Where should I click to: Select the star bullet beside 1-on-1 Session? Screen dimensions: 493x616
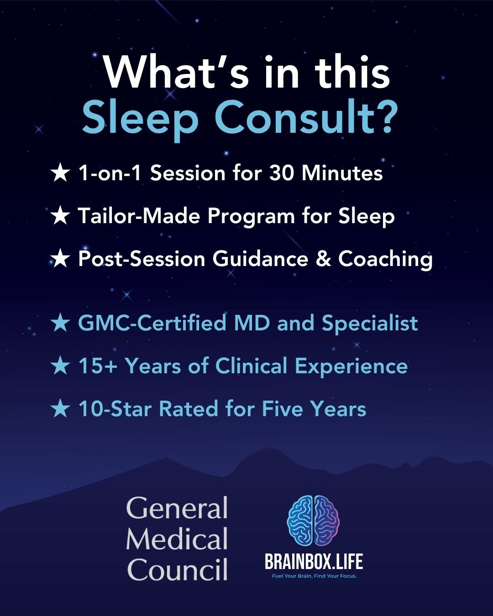(x=60, y=173)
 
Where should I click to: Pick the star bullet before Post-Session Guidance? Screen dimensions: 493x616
(x=60, y=258)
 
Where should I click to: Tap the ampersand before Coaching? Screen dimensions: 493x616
(x=323, y=258)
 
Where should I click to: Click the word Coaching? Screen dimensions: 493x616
(x=385, y=260)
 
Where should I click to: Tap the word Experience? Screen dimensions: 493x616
(x=351, y=367)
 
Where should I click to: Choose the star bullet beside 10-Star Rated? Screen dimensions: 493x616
(x=60, y=408)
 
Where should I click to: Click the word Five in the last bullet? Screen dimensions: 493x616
(x=283, y=408)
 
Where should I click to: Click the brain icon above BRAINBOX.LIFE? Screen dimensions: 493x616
(x=313, y=520)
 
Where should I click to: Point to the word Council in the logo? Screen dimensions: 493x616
(x=177, y=570)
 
